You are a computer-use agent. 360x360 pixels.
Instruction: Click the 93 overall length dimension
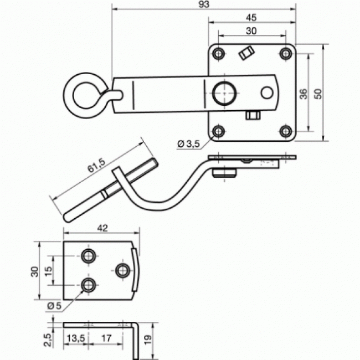pos(204,4)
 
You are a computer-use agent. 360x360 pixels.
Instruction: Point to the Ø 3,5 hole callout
pos(188,144)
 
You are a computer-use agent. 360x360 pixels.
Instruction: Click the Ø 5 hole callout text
pos(54,305)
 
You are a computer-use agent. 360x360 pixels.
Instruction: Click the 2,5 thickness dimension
pos(48,337)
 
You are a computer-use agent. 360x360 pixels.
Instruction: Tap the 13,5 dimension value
pos(75,337)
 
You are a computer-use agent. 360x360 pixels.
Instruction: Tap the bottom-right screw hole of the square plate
pos(285,131)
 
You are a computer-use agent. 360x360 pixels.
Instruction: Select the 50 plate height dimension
pos(317,92)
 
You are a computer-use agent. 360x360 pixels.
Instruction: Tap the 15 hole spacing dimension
pos(48,270)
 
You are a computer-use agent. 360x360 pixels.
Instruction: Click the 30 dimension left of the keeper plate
pos(34,271)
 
